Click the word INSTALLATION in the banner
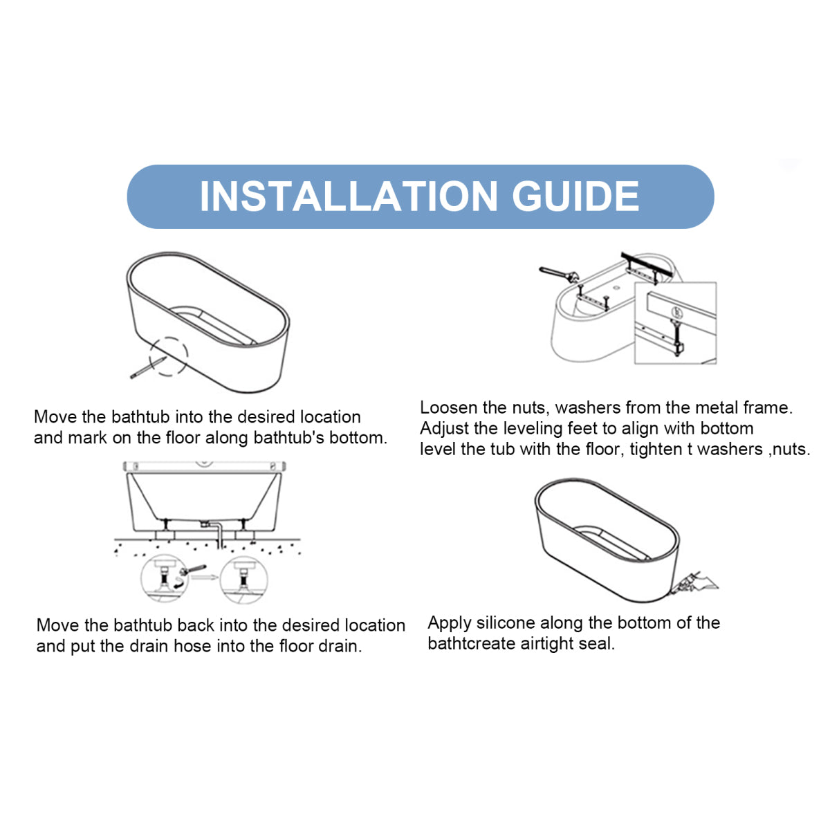pos(349,196)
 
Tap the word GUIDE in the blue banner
pos(575,196)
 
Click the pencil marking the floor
pos(148,367)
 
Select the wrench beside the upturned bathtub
pos(559,274)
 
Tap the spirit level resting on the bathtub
pos(204,466)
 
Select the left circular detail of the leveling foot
pos(164,578)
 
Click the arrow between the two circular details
pos(205,577)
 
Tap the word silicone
pos(505,622)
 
